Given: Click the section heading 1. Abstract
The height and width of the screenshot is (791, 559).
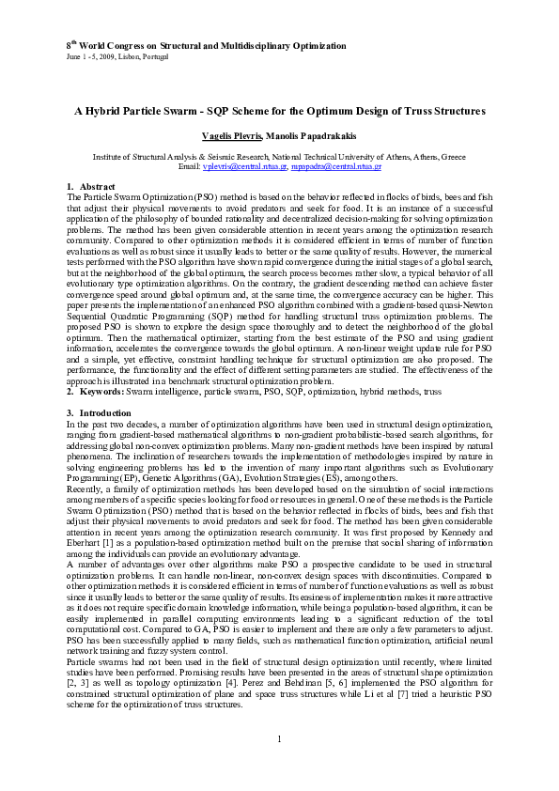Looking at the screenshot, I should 90,187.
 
